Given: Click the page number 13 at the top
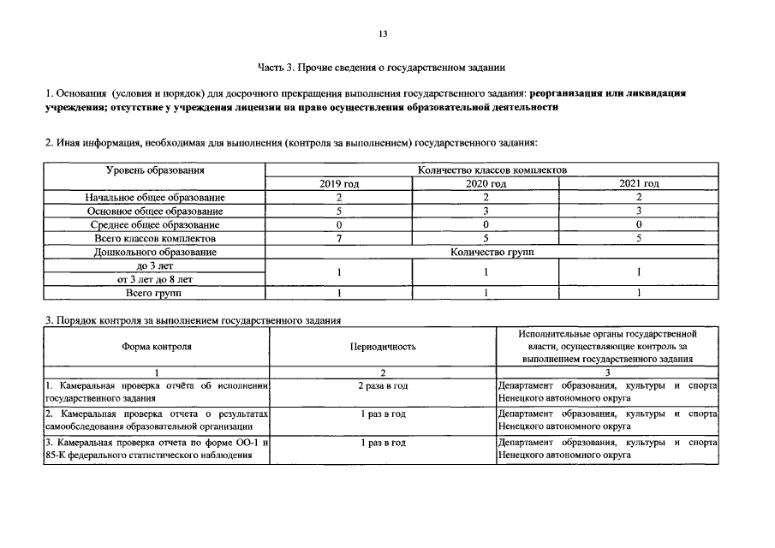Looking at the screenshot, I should coord(383,33).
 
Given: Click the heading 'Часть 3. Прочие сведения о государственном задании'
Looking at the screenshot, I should coord(382,65).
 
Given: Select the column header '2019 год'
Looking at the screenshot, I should coord(339,184).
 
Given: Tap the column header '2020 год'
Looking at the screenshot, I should coord(486,184).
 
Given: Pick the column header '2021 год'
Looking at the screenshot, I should coord(638,184).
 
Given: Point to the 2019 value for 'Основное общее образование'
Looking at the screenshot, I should coord(339,211).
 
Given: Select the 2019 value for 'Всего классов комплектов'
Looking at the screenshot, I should coord(339,238).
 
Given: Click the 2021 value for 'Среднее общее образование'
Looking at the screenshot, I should coord(638,224).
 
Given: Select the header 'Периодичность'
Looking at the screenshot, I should coord(383,347).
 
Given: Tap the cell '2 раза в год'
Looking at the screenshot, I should coord(383,386).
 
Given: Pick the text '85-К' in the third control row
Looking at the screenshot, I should coord(55,455).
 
